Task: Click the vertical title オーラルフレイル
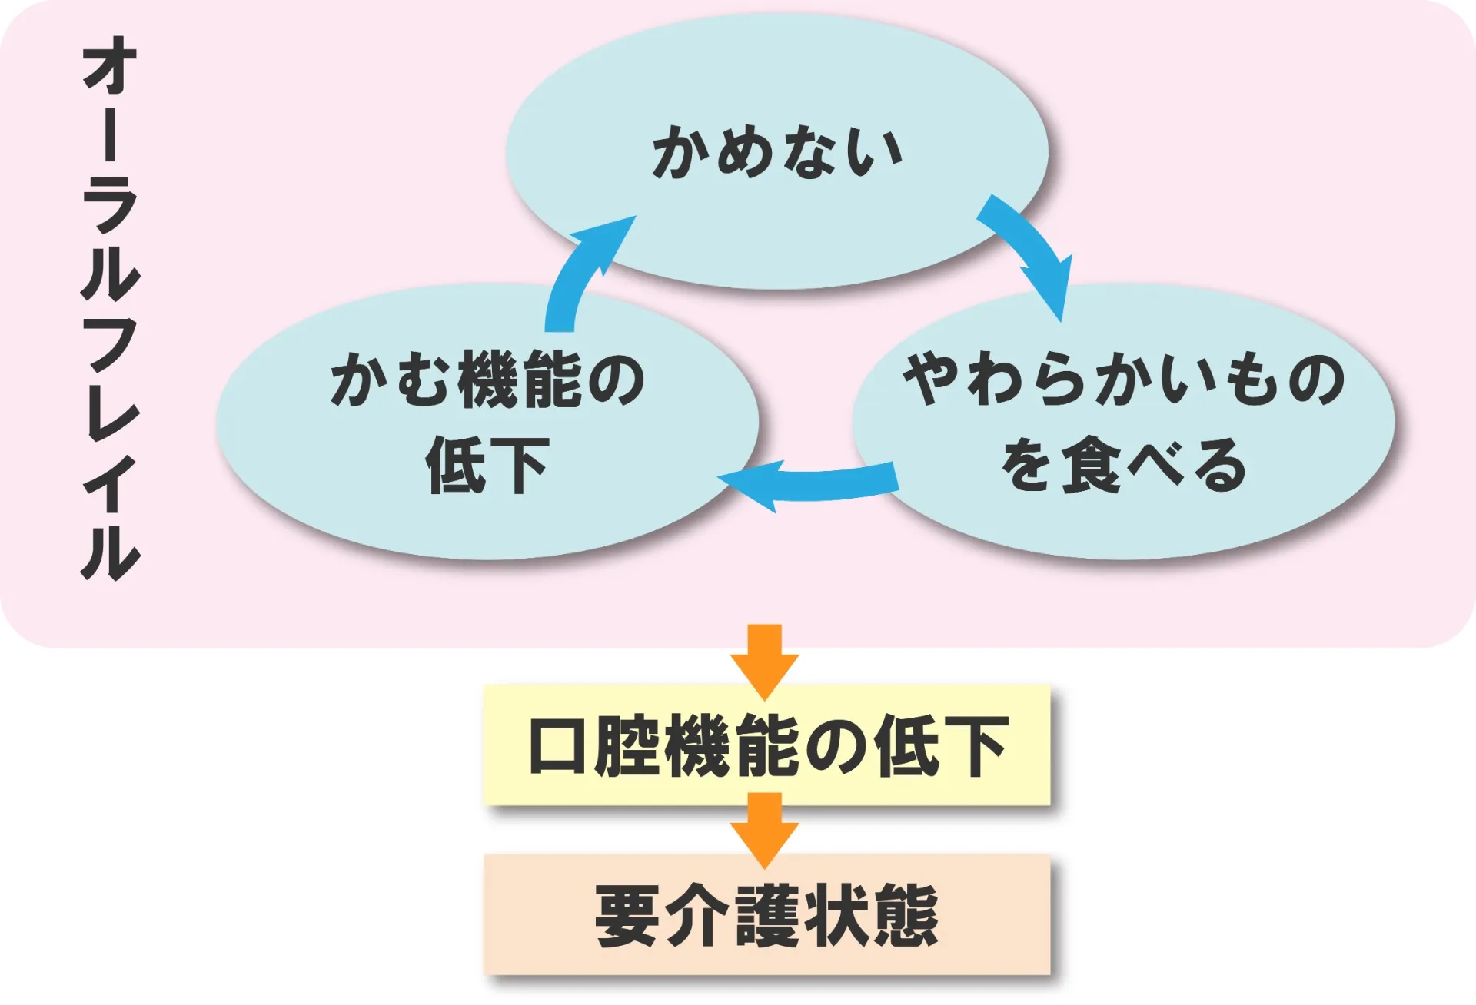click(x=110, y=307)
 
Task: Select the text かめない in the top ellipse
click(x=776, y=152)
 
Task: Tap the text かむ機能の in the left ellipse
click(x=487, y=379)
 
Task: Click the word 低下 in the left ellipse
click(x=487, y=465)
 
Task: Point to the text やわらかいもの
click(x=1123, y=379)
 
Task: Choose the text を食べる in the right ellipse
click(x=1123, y=465)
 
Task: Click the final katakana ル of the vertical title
click(x=110, y=552)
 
